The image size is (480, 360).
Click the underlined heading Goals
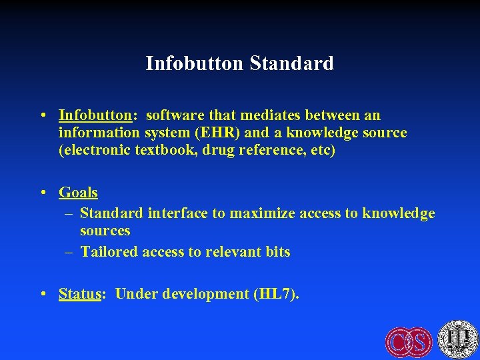pyautogui.click(x=78, y=193)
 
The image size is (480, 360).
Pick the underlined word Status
pyautogui.click(x=79, y=294)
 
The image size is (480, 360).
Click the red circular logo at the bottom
pyautogui.click(x=409, y=342)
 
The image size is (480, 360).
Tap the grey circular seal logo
pyautogui.click(x=458, y=339)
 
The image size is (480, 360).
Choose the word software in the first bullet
pyautogui.click(x=174, y=116)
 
